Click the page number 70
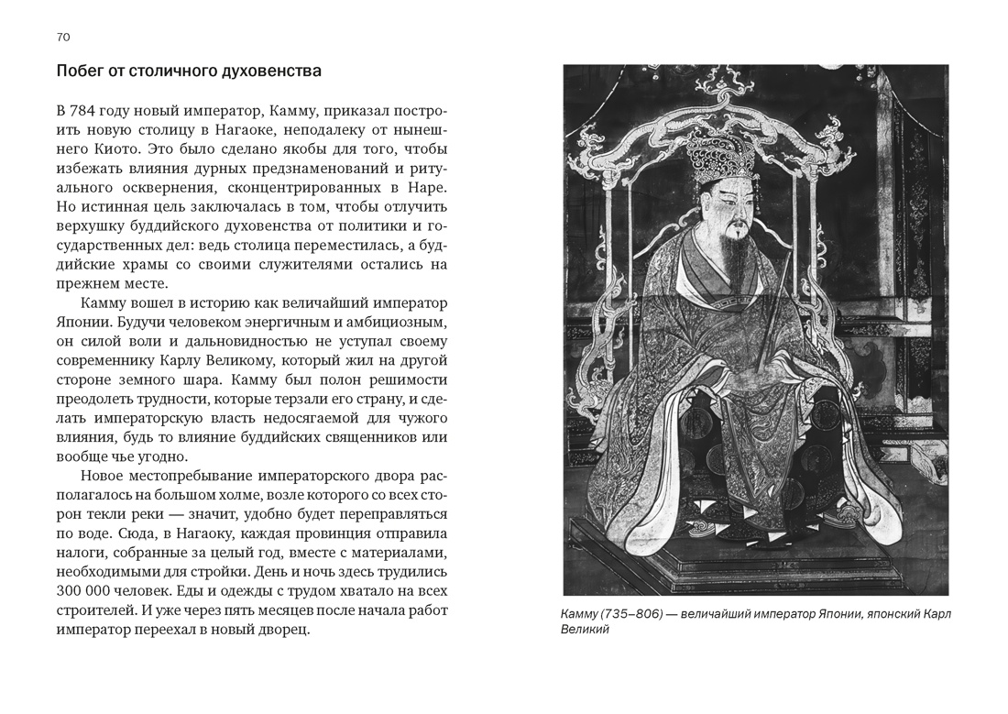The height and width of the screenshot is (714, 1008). pyautogui.click(x=63, y=38)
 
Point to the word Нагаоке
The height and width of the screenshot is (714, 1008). pyautogui.click(x=248, y=129)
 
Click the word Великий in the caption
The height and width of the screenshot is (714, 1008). pyautogui.click(x=585, y=631)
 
